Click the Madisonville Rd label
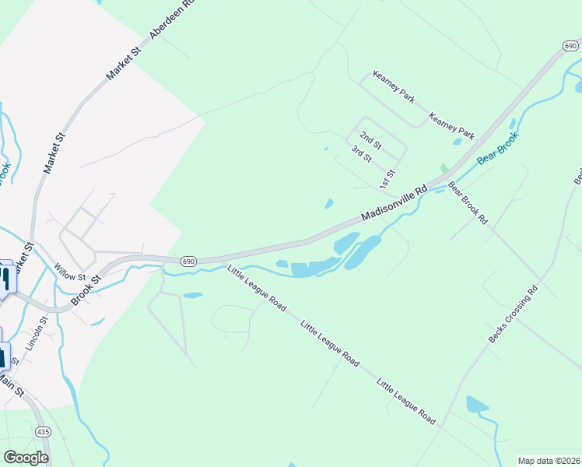395,203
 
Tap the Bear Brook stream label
497,147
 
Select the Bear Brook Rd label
468,203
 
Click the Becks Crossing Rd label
514,314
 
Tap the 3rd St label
361,154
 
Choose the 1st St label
387,178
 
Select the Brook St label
87,290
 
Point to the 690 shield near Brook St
188,262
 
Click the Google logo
26,458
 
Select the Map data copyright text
548,461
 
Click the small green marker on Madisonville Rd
444,169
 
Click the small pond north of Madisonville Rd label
329,205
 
